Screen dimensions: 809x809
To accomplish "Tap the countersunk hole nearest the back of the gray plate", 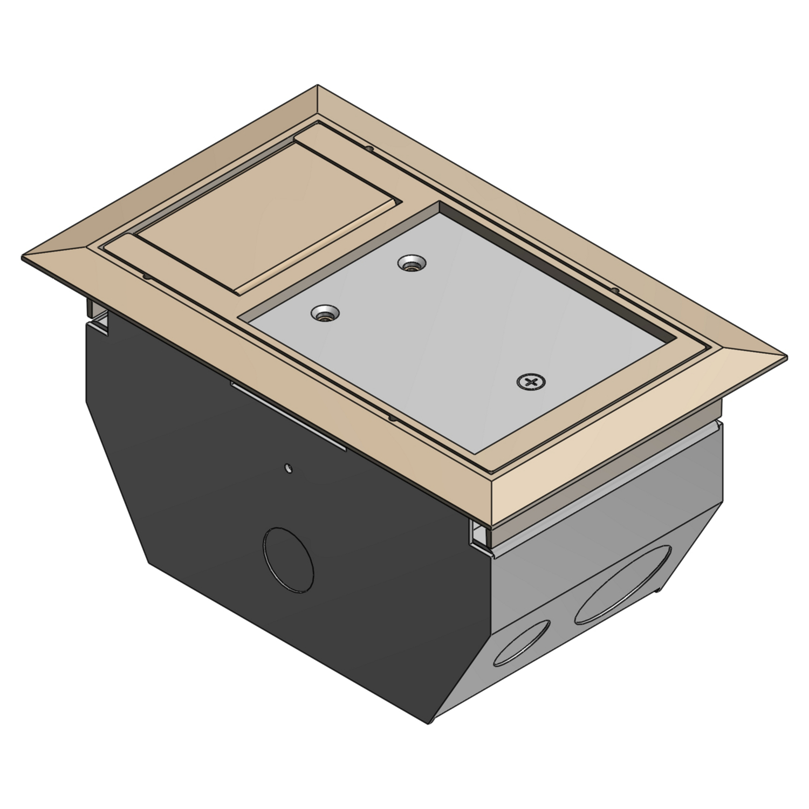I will click(x=411, y=264).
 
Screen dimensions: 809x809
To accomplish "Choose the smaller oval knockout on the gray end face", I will click(x=522, y=641).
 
